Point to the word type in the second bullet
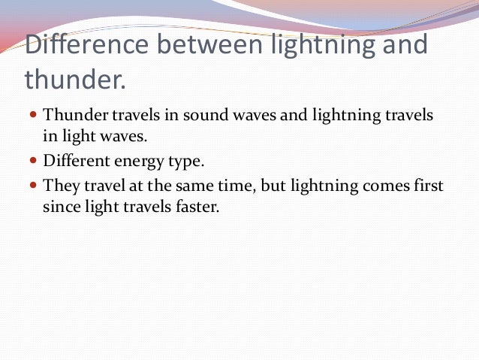188,162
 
